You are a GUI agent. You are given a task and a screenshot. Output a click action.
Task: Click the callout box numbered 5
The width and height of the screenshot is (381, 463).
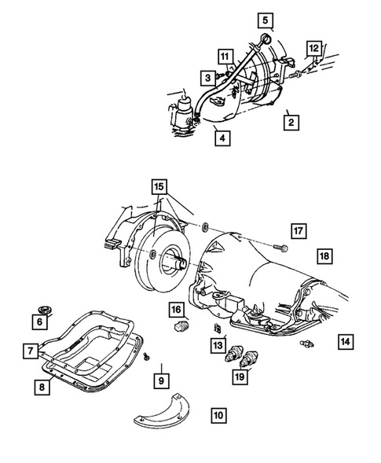(265, 19)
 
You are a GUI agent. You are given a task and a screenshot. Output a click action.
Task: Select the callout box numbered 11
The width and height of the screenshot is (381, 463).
(225, 57)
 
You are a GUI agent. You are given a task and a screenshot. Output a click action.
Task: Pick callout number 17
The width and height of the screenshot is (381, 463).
(298, 230)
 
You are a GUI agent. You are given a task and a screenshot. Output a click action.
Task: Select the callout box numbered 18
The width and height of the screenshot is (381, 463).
(323, 256)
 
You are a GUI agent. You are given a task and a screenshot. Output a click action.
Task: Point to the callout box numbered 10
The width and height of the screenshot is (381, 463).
(218, 434)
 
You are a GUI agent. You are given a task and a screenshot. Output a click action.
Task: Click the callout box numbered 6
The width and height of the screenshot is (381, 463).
(38, 321)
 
